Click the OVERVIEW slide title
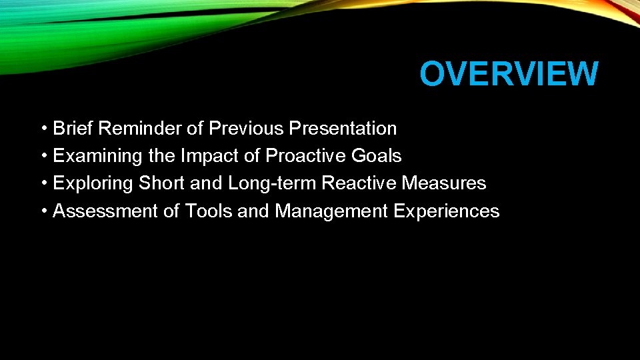[509, 74]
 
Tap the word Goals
[377, 156]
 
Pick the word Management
[331, 211]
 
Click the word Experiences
[446, 211]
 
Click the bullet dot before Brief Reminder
[43, 128]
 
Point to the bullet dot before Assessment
[43, 211]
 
